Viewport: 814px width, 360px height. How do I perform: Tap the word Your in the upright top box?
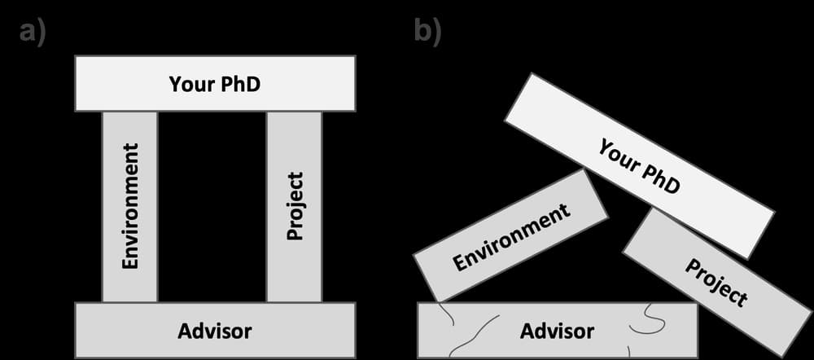coord(189,84)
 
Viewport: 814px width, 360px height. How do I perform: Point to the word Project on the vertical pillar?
coord(295,206)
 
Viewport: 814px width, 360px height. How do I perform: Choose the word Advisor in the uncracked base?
coord(215,331)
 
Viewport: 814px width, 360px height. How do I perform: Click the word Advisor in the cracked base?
coord(557,331)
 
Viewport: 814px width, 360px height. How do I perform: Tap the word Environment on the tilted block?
coord(511,237)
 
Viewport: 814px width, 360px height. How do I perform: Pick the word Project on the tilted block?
coord(716,282)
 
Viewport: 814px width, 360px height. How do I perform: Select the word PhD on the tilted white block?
coord(661,178)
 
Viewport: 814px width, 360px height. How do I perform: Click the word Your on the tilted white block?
coord(619,155)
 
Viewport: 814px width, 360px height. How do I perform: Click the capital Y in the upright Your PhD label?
coord(174,84)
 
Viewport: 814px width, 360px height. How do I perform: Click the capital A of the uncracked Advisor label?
coord(185,331)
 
